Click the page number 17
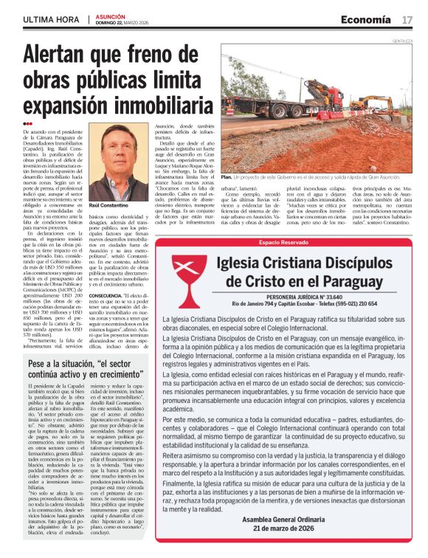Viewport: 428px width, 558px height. (407, 18)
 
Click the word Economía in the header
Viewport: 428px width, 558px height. (368, 18)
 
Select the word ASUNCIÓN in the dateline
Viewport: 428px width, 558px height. (110, 14)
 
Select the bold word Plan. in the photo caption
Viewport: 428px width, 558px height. (226, 177)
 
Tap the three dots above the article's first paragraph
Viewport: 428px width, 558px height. (28, 123)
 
